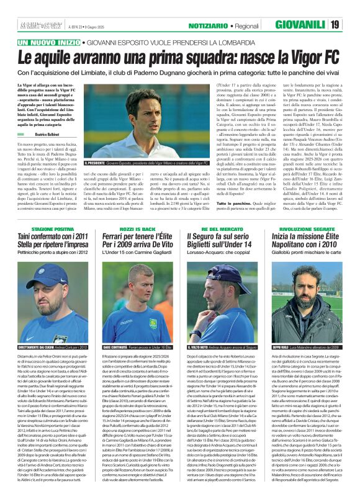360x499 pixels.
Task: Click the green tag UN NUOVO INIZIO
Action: [49, 42]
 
